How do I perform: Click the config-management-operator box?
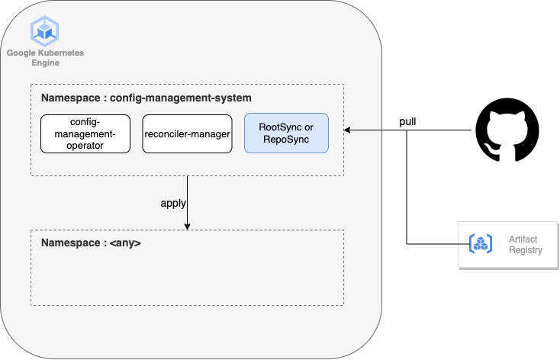click(85, 134)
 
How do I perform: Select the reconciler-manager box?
click(187, 134)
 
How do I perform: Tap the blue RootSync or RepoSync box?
click(286, 133)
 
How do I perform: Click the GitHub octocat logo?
click(507, 130)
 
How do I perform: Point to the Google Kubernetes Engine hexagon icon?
click(45, 31)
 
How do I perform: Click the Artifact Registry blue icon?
click(481, 244)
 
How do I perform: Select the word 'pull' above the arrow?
click(407, 122)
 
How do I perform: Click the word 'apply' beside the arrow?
click(173, 203)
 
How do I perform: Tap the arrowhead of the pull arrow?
click(346, 130)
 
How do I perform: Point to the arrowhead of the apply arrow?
click(187, 227)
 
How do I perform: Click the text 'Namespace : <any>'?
click(91, 243)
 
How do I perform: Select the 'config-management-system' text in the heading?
click(181, 98)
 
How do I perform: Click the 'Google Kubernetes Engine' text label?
click(45, 58)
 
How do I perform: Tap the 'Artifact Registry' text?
click(526, 245)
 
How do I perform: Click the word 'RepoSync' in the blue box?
click(286, 140)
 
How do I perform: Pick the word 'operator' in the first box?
click(85, 146)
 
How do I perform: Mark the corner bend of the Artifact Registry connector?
click(407, 244)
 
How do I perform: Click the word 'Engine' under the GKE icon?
click(45, 63)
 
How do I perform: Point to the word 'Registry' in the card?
click(526, 250)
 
